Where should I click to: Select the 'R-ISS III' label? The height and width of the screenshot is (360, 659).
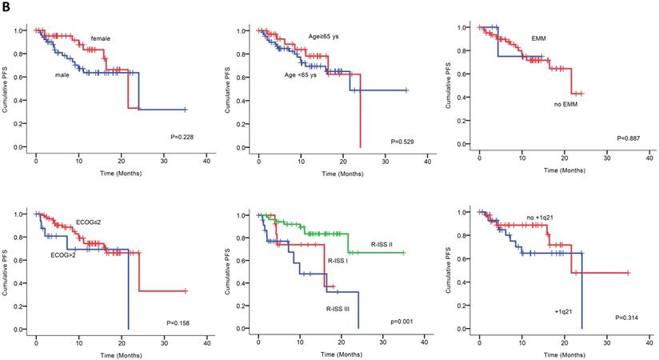click(x=340, y=307)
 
